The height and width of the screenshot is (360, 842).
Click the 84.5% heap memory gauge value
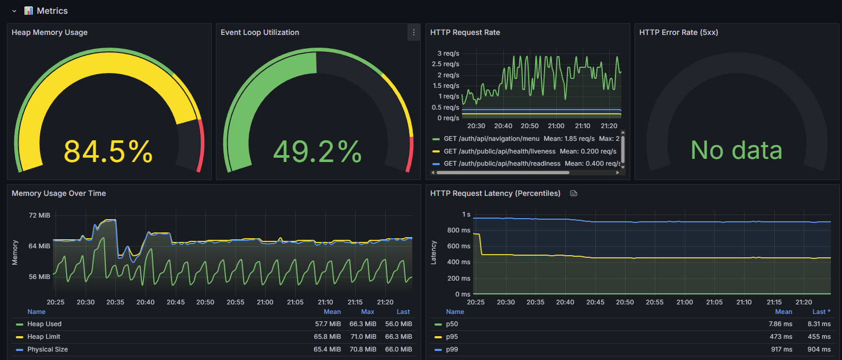coord(108,151)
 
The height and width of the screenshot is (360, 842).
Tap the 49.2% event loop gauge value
coord(317,151)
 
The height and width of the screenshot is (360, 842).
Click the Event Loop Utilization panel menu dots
coord(413,32)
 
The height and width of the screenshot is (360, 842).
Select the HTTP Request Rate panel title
coord(465,32)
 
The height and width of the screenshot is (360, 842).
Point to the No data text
coord(736,150)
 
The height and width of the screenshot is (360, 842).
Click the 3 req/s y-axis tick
coord(448,53)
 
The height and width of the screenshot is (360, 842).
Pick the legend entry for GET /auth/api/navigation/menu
coord(491,138)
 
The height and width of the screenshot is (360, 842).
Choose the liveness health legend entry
coord(500,151)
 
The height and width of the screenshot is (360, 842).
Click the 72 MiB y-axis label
coord(40,215)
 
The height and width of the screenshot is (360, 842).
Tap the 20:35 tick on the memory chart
coord(115,302)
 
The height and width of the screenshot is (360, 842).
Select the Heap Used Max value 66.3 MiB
coord(363,324)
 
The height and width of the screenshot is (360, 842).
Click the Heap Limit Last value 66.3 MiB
coord(399,337)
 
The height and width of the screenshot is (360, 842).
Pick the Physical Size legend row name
coord(47,349)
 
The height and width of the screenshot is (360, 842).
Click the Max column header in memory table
coord(367,312)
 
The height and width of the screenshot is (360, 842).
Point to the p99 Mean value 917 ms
coord(782,349)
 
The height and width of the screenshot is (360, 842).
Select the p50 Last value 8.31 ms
coord(819,324)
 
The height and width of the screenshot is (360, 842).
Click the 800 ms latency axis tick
coord(459,230)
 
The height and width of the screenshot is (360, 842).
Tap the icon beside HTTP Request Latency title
coord(574,193)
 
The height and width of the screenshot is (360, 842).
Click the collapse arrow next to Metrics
coord(14,11)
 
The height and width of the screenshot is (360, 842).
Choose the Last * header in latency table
coord(821,312)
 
